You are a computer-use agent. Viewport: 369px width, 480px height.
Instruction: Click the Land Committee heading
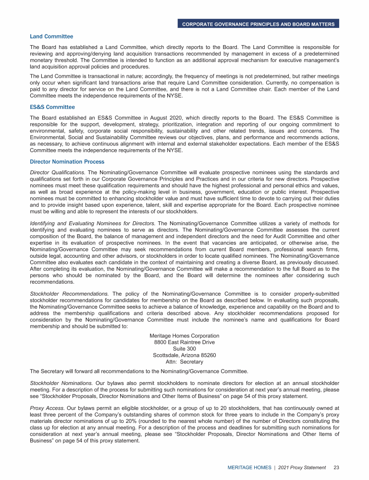(x=51, y=36)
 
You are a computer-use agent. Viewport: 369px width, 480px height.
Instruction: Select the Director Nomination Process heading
(x=67, y=162)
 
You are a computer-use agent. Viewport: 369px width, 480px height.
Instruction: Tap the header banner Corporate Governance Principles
(x=258, y=24)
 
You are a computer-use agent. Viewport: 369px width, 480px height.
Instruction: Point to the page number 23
(x=336, y=467)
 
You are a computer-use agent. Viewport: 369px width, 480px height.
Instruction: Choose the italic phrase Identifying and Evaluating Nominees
(x=92, y=223)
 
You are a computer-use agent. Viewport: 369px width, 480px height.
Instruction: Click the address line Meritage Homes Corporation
(x=184, y=336)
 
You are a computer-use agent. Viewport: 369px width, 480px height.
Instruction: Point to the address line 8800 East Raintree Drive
(x=184, y=343)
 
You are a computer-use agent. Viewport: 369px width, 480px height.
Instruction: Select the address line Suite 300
(x=184, y=349)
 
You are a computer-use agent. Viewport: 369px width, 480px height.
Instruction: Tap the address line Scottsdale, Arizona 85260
(x=184, y=356)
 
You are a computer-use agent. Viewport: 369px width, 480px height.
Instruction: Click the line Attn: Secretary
(x=184, y=362)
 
